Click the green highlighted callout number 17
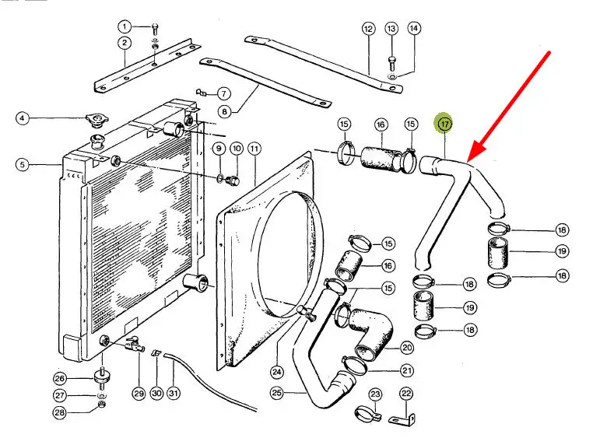(444, 124)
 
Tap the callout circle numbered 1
(125, 26)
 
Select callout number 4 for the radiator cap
(23, 118)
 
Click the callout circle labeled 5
(23, 164)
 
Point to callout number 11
(254, 148)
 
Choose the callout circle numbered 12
(368, 28)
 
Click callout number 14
(414, 28)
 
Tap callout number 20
(406, 348)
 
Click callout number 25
(276, 394)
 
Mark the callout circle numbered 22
(405, 394)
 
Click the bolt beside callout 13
(391, 59)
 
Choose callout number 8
(224, 111)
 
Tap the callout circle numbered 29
(138, 394)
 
